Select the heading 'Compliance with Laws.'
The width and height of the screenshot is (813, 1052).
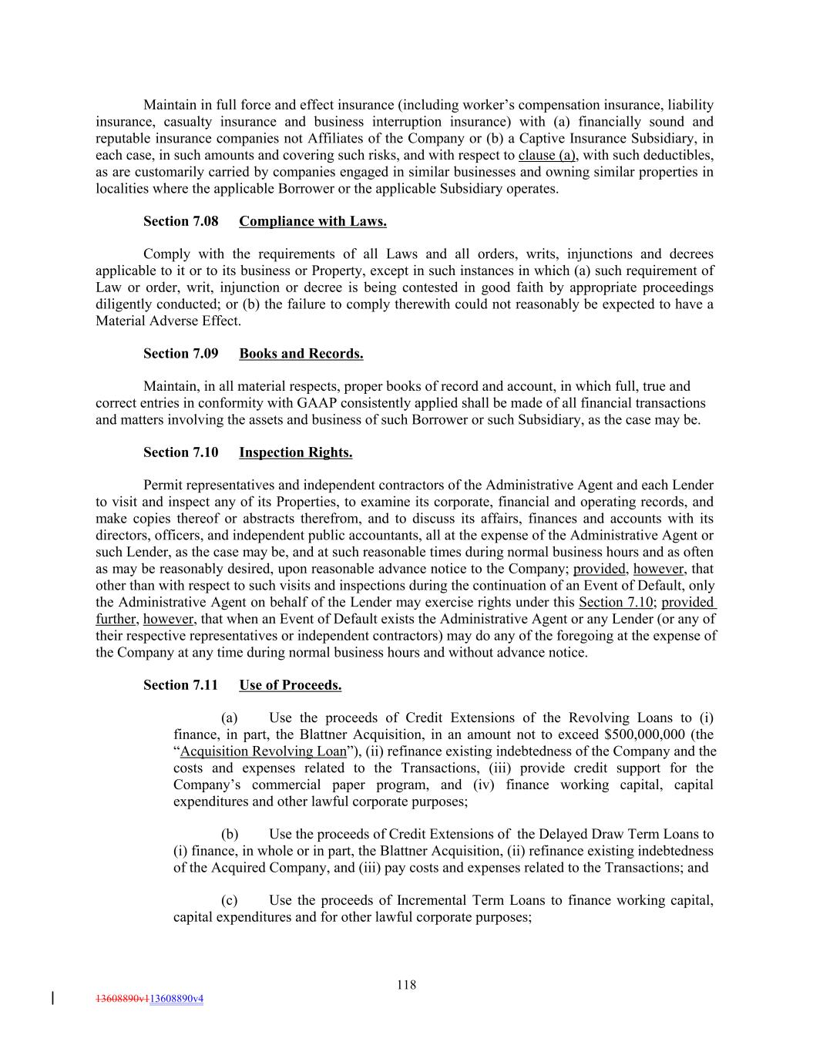tap(313, 222)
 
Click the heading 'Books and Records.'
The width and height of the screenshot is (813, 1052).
tap(301, 354)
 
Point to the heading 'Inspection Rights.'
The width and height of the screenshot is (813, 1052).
tap(296, 452)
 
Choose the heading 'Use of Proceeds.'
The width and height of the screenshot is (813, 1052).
tap(291, 685)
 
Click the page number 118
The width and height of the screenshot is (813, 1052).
tap(407, 984)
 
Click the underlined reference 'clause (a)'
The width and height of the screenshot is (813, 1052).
tap(548, 156)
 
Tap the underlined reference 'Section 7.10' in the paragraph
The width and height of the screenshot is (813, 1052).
tap(615, 602)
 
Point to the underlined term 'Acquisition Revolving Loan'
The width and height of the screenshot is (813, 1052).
tap(264, 751)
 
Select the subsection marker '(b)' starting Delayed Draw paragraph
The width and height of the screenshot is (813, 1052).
tap(230, 834)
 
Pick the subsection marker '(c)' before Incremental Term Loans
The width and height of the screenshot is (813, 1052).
tap(230, 900)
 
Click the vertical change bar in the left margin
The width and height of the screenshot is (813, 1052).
tap(52, 999)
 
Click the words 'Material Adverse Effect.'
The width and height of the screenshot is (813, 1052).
tap(168, 321)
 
